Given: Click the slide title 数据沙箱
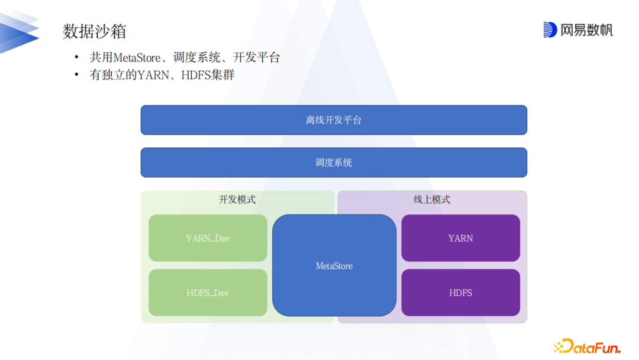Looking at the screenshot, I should pos(95,31).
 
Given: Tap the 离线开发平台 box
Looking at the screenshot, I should pos(334,120).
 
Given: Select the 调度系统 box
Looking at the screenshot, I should pos(334,162).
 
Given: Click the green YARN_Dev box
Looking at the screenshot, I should pos(208,238).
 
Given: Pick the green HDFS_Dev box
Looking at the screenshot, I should pos(208,293).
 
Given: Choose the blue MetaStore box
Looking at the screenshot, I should pos(334,266).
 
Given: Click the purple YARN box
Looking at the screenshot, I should pos(460,238).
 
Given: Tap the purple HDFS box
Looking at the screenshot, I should pos(460,293).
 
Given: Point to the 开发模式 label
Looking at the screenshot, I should pos(237,200).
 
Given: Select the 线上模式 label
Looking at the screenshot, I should pos(432,200).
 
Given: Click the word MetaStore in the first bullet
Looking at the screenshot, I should pos(137,58).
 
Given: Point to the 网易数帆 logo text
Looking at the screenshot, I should pos(586,30).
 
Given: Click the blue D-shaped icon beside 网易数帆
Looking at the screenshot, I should pos(550,30).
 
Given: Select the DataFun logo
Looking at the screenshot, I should pos(586,346).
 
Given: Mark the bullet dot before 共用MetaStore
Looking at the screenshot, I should pos(76,58).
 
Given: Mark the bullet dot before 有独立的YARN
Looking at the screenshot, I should pos(76,75).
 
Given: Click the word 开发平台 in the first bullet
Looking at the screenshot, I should pos(256,58).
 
